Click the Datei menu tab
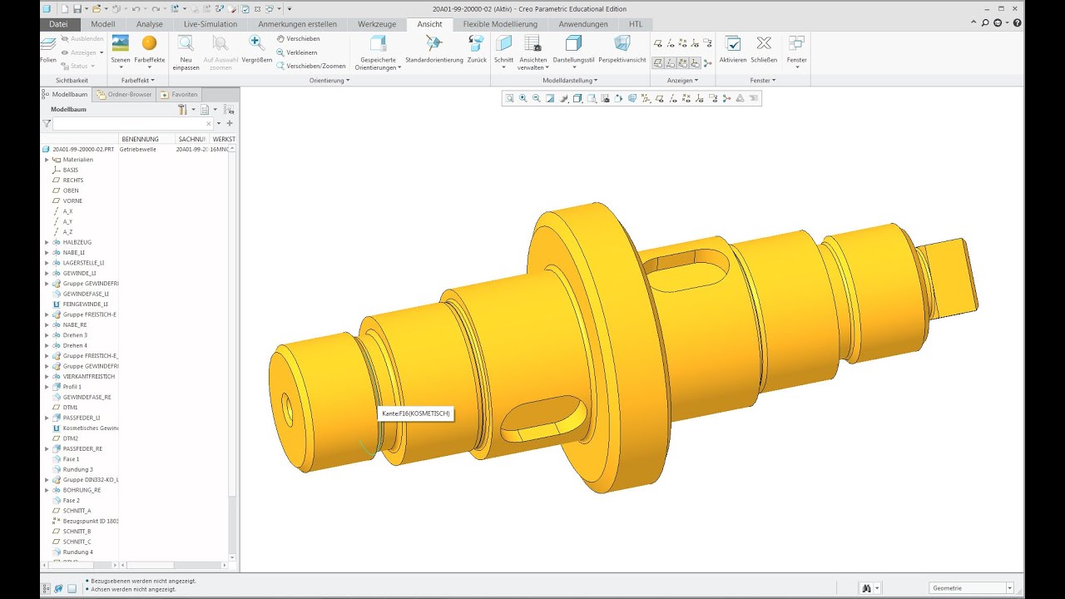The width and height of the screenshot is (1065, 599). click(x=58, y=24)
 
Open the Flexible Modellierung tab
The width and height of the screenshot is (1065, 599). click(x=500, y=24)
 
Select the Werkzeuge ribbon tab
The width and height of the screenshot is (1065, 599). click(x=377, y=24)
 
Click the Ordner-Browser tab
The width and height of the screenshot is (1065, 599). click(x=125, y=95)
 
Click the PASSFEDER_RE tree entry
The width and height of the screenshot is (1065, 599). click(x=82, y=448)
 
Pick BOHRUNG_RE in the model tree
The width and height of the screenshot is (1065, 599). click(x=82, y=490)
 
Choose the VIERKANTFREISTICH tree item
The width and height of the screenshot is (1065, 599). click(x=88, y=376)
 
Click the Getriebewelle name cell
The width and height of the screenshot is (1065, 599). click(x=138, y=149)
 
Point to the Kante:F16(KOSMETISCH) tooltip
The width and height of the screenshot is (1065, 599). click(x=415, y=413)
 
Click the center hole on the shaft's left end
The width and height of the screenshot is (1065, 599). click(x=287, y=408)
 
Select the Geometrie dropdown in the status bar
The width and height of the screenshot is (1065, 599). click(x=972, y=588)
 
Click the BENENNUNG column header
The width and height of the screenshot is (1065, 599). click(x=140, y=139)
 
